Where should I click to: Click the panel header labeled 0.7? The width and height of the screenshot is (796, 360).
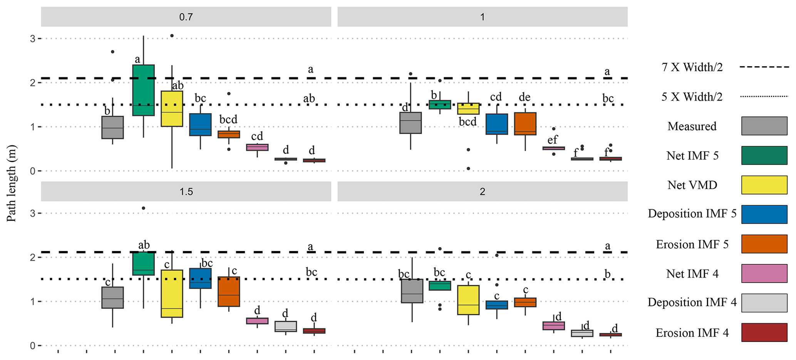[x=186, y=17]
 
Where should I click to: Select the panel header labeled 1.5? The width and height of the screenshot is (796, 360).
[x=186, y=191]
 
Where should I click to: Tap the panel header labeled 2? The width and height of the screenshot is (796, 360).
[x=482, y=191]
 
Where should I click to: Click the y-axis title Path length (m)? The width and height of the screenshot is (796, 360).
[x=12, y=183]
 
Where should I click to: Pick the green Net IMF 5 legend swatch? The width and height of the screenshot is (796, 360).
[x=764, y=156]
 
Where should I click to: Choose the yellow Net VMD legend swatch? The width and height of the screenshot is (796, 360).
[x=764, y=185]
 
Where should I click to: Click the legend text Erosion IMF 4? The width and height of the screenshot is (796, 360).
[x=692, y=333]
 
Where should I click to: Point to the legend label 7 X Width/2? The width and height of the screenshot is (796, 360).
[x=692, y=67]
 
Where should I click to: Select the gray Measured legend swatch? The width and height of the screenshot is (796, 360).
[x=764, y=126]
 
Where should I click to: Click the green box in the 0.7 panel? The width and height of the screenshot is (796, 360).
[x=143, y=90]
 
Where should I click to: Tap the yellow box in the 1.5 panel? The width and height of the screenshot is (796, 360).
[x=172, y=293]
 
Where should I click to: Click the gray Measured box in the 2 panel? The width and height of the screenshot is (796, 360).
[x=412, y=291]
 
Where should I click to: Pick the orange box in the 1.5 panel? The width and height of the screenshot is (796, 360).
[x=229, y=291]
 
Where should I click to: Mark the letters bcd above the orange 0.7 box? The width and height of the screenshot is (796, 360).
[x=228, y=119]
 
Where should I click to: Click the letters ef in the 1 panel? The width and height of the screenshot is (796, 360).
[x=553, y=139]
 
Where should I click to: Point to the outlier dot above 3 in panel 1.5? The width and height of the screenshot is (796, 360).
[x=143, y=208]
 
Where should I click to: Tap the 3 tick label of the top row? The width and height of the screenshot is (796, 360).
[x=33, y=39]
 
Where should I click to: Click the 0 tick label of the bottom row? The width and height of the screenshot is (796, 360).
[x=33, y=345]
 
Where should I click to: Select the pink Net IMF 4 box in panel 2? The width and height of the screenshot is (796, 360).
[x=554, y=326]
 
